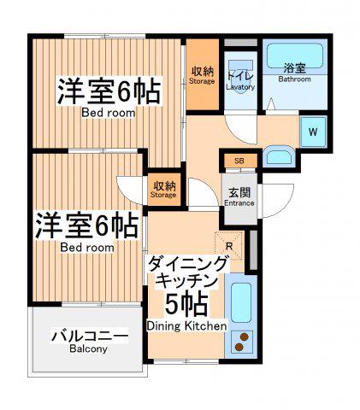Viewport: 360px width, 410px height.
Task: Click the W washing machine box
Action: (313, 132)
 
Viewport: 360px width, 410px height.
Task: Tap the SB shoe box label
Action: (239, 161)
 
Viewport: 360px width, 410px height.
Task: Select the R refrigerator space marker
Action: (229, 246)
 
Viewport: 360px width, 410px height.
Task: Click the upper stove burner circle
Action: (245, 337)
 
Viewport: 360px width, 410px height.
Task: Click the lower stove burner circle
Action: (239, 347)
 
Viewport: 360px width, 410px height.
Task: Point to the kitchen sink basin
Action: (241, 302)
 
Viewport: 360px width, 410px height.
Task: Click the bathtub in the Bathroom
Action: (295, 56)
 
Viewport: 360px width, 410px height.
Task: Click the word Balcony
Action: (88, 348)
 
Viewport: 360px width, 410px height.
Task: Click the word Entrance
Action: (239, 203)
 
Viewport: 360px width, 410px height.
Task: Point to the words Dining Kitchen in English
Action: (187, 326)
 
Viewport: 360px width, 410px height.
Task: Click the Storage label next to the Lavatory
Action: (202, 81)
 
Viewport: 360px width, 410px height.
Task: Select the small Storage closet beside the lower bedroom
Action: (164, 189)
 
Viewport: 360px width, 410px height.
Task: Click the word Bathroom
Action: (294, 79)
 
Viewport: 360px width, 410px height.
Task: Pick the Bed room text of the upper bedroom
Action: (109, 113)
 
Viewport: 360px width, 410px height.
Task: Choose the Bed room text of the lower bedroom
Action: (87, 248)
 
